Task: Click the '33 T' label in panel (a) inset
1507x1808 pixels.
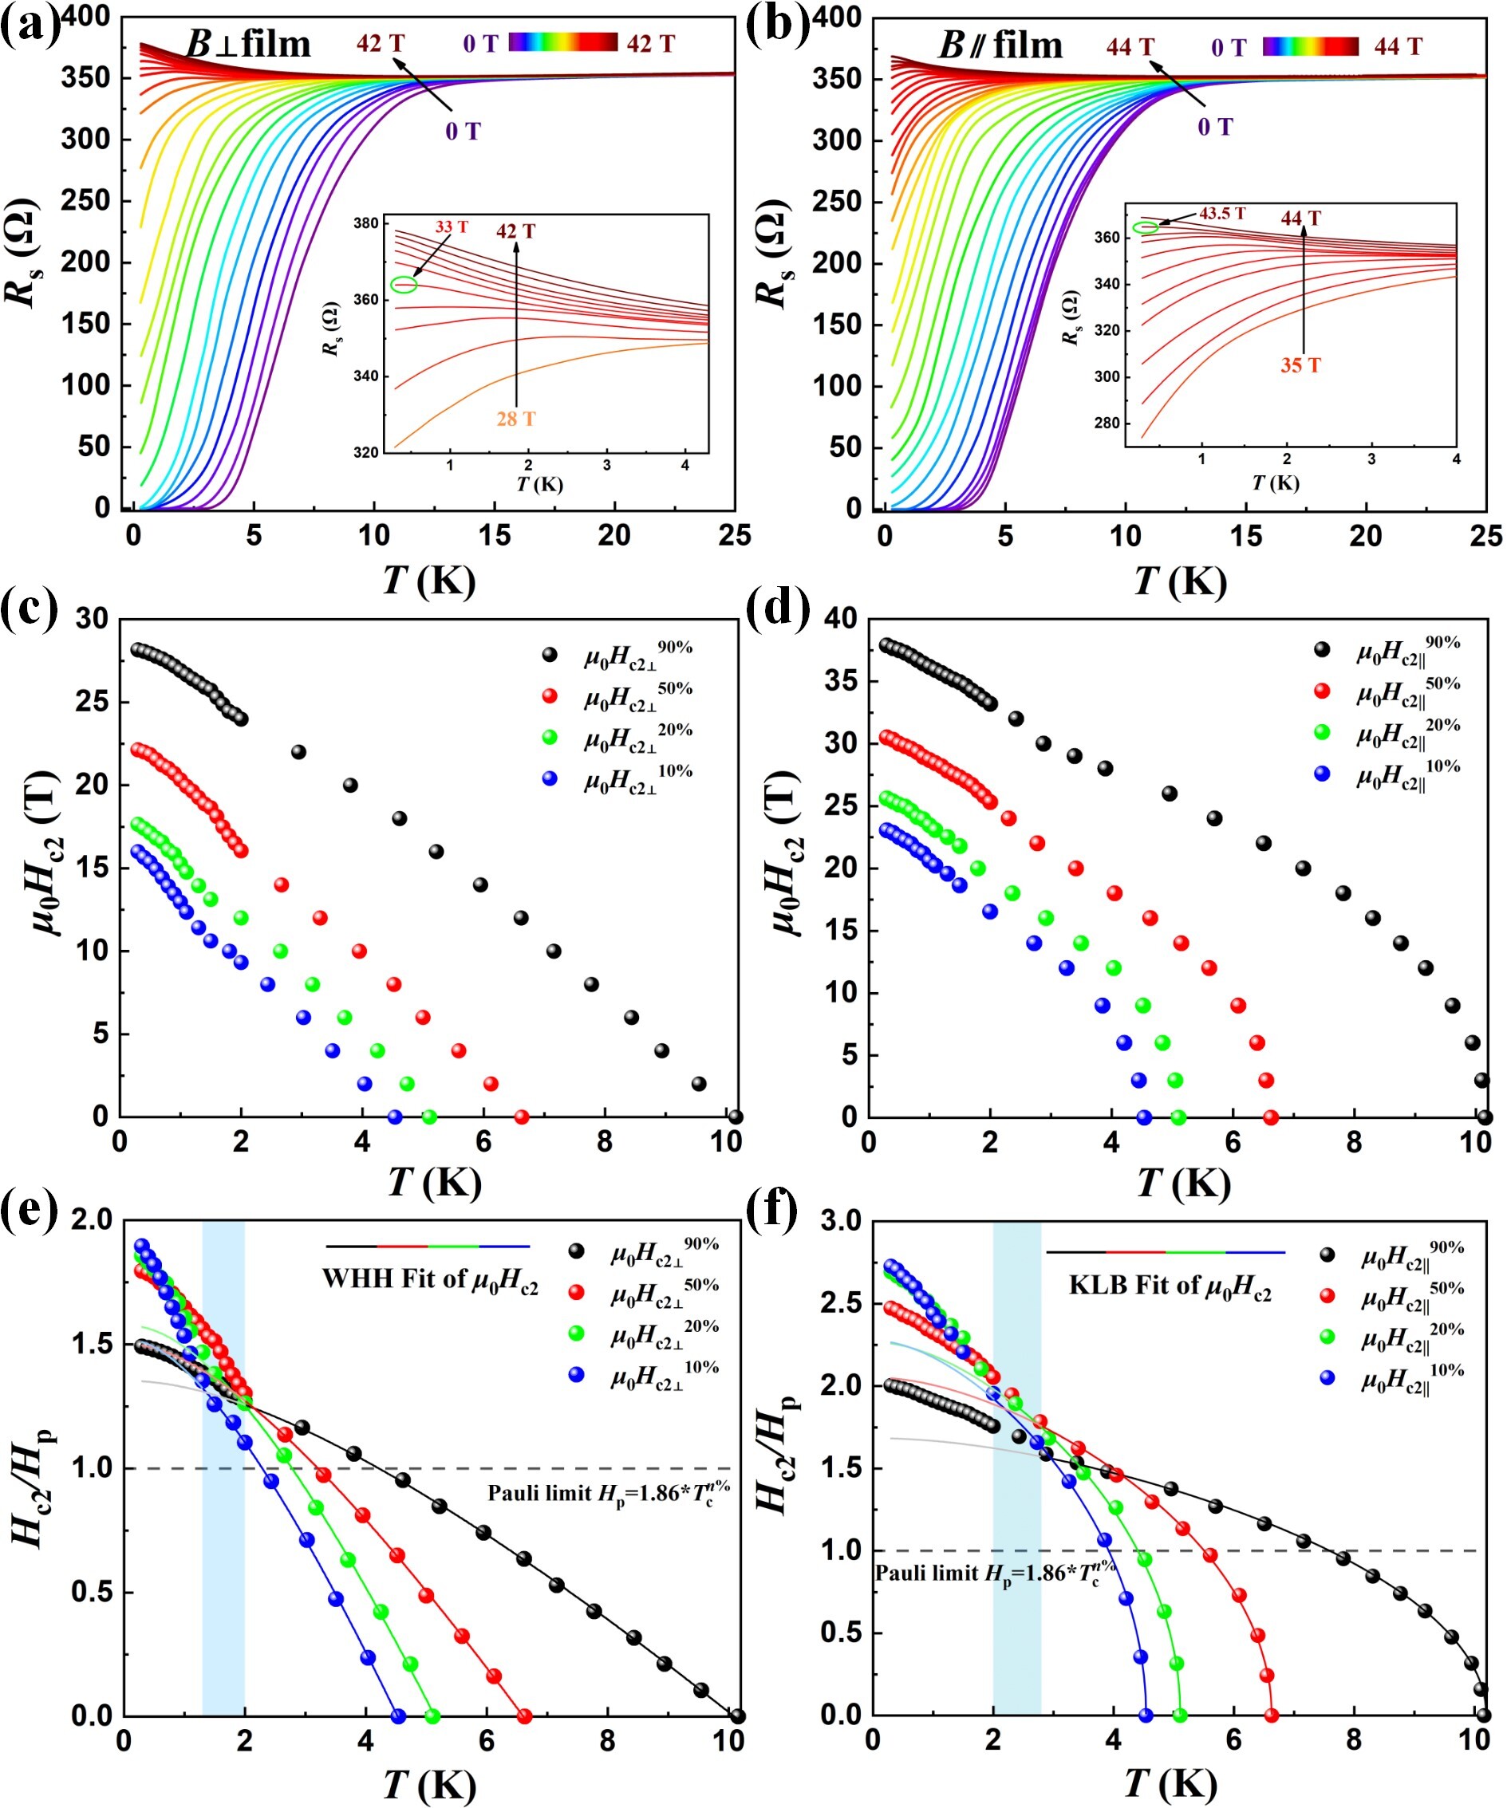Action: [452, 227]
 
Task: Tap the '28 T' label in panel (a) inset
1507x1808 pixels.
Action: [515, 420]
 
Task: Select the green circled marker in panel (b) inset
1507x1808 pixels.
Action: [1146, 227]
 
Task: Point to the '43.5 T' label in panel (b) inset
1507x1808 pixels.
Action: [1222, 214]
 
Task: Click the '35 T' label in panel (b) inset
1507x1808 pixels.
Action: [1300, 365]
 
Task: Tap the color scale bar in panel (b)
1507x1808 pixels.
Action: [1310, 46]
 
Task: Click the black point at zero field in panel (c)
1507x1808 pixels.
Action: [735, 1117]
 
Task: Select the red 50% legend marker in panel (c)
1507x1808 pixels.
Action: [550, 695]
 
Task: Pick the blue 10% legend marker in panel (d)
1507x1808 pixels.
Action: [1322, 774]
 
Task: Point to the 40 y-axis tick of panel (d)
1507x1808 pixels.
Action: [841, 618]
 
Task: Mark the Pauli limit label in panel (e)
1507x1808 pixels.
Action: [608, 1492]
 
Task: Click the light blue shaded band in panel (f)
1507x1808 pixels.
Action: [1017, 1463]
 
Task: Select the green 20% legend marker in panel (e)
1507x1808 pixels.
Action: [576, 1333]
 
